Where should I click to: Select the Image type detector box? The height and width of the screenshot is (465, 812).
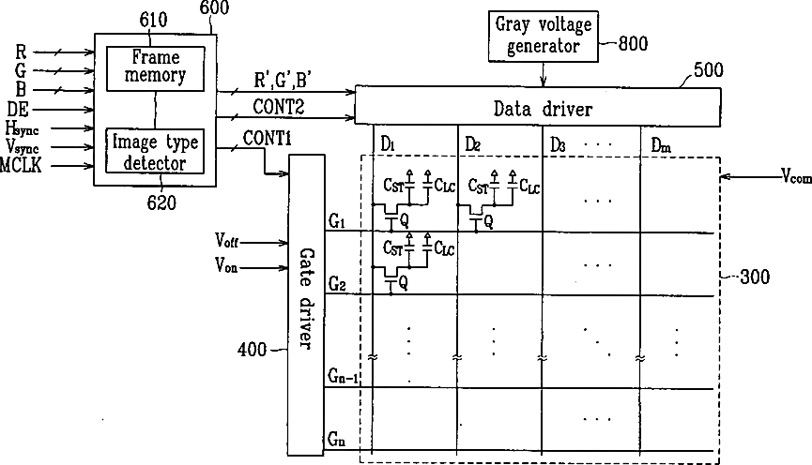(156, 151)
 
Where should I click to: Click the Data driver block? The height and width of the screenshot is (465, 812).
(537, 109)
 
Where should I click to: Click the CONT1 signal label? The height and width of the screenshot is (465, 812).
(268, 139)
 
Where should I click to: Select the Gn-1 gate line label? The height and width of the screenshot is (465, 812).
(343, 378)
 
